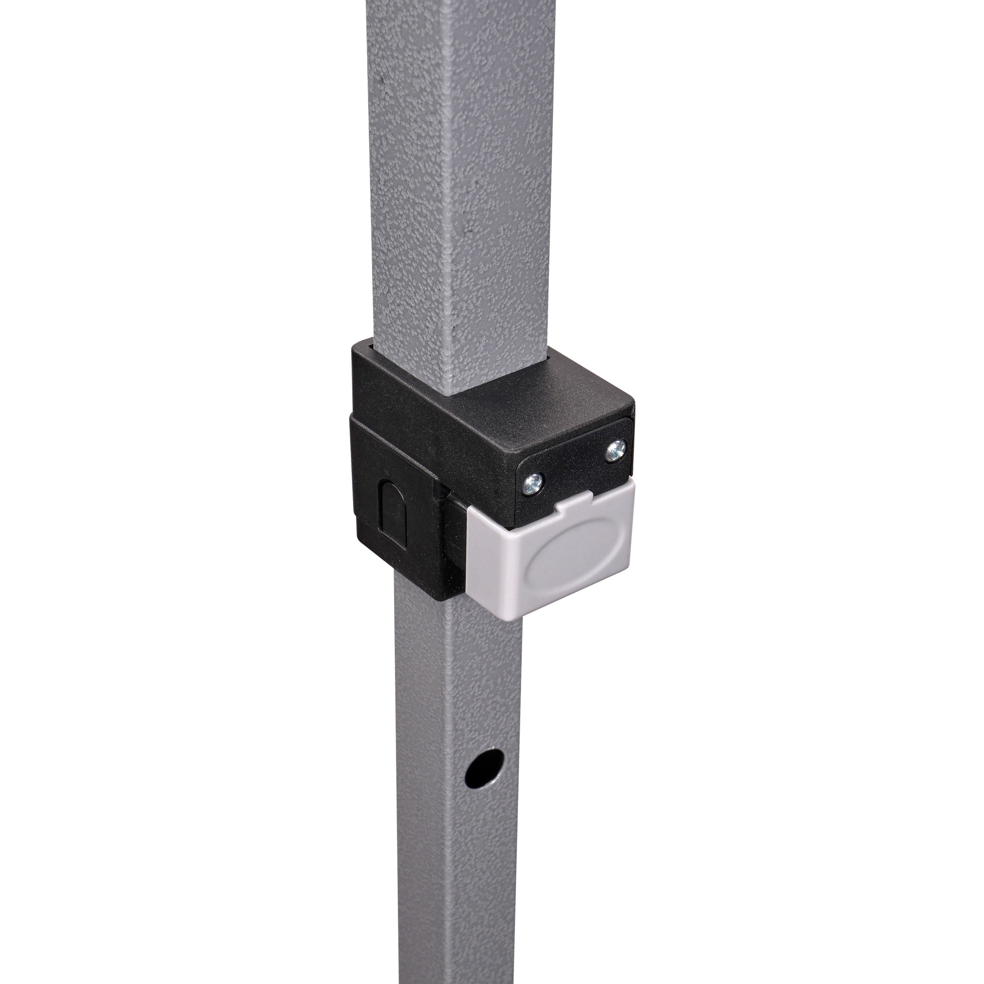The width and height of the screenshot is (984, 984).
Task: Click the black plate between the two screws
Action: click(x=576, y=466)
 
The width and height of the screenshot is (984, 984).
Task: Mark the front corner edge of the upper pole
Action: click(x=448, y=204)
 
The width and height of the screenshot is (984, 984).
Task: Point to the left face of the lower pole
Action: click(x=423, y=764)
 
